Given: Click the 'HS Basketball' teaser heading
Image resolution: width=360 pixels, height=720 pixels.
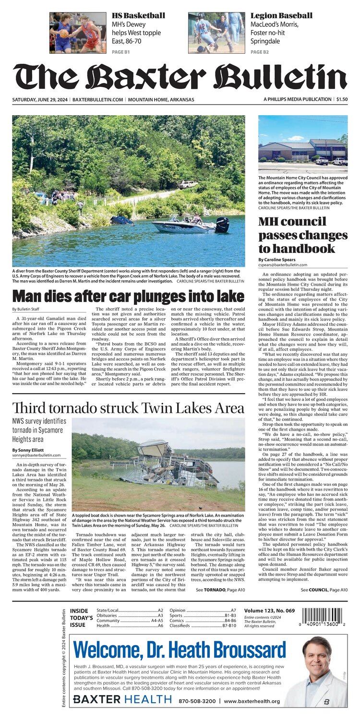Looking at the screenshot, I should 138,16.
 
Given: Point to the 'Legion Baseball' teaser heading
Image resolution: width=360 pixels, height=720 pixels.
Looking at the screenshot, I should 281,16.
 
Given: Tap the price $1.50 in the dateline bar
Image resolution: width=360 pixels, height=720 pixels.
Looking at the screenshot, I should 342,99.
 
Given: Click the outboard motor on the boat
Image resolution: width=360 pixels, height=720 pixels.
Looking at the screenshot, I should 222,225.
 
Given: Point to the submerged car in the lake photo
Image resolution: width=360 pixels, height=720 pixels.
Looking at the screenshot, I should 121,220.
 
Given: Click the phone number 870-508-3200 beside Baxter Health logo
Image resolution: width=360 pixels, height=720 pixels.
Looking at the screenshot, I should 196,701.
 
